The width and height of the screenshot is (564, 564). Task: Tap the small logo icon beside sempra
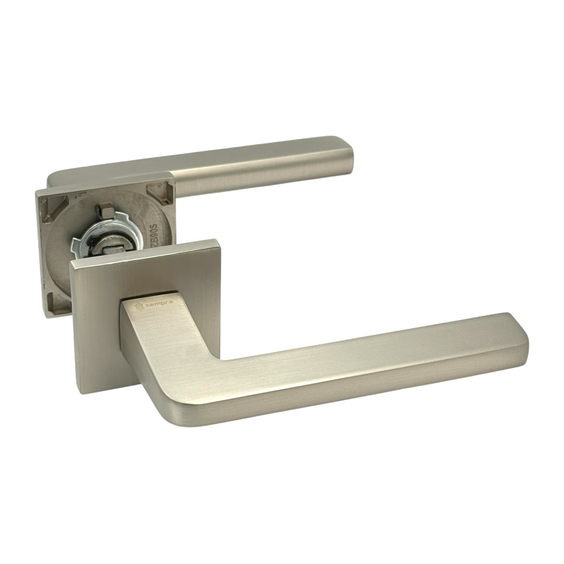(139, 307)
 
